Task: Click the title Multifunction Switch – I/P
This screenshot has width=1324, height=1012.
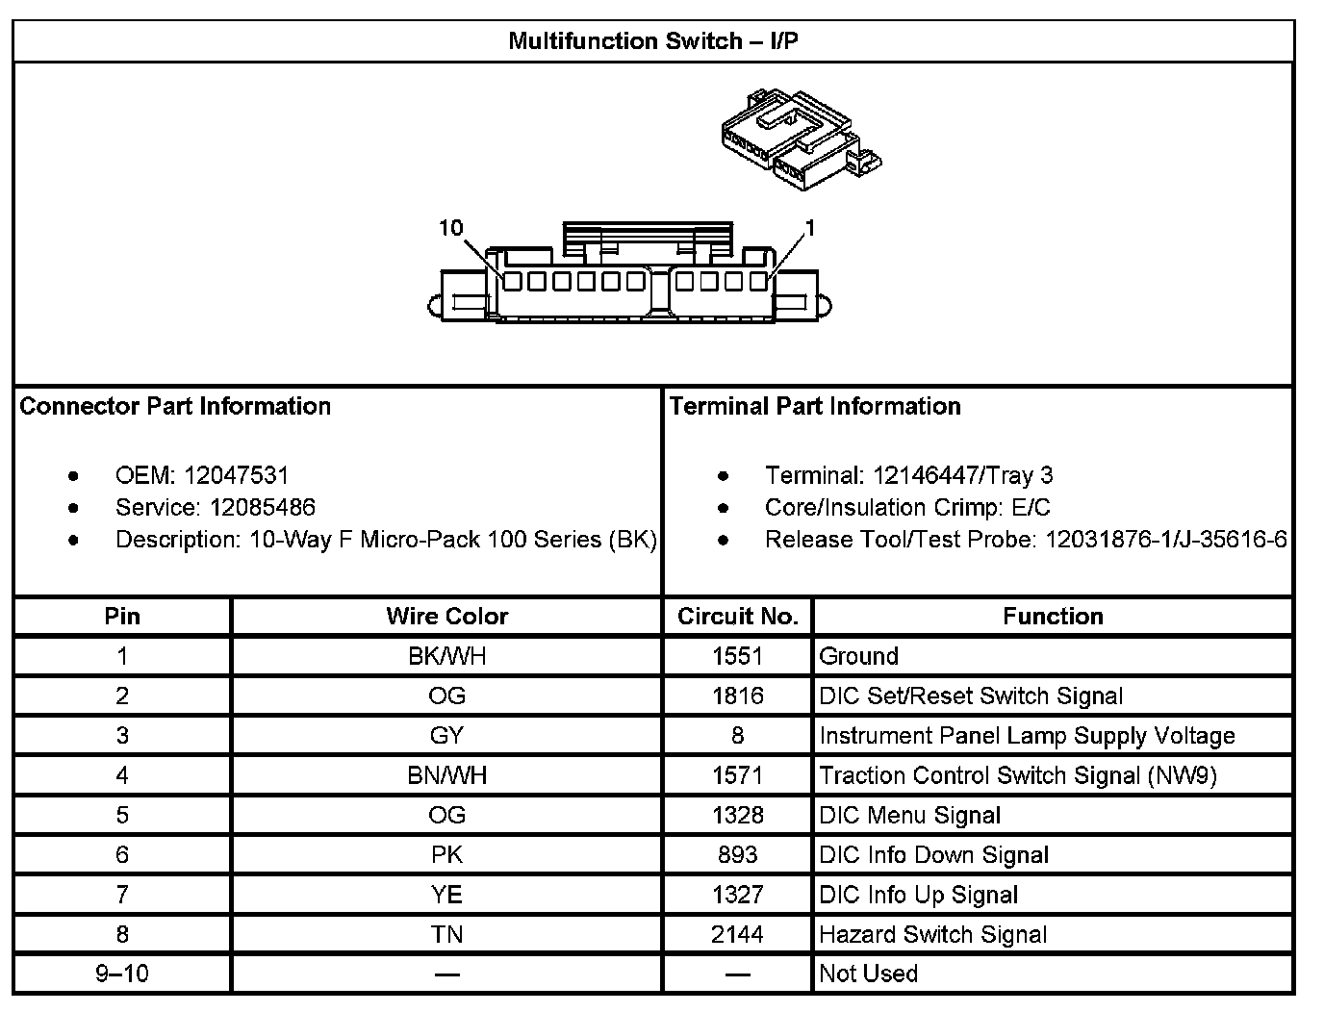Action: (653, 41)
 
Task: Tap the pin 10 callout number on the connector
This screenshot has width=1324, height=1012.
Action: (451, 228)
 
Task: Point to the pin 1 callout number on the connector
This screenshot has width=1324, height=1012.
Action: (810, 228)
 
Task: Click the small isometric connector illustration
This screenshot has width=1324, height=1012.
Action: (801, 137)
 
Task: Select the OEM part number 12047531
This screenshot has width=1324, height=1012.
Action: (236, 475)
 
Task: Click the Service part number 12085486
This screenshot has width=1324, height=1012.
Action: (262, 507)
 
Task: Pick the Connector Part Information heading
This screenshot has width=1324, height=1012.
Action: (175, 406)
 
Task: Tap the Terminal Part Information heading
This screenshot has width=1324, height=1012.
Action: (815, 406)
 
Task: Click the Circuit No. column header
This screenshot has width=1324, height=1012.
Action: (738, 617)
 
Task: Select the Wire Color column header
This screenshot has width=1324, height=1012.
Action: (447, 617)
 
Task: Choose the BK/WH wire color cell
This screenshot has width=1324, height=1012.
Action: (447, 656)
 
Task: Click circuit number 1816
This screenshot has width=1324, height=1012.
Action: (738, 696)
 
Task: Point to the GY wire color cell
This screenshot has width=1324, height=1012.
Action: (447, 736)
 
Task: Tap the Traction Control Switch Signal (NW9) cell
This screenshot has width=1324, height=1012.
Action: (1018, 775)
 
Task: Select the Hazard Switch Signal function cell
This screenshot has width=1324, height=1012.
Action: (933, 934)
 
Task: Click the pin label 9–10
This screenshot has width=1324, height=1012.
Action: (122, 974)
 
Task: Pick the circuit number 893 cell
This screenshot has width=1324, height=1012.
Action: (738, 854)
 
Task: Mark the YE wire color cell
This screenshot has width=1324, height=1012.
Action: (447, 895)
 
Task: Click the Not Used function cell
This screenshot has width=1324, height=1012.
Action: (868, 974)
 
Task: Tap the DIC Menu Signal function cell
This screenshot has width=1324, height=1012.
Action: (909, 815)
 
